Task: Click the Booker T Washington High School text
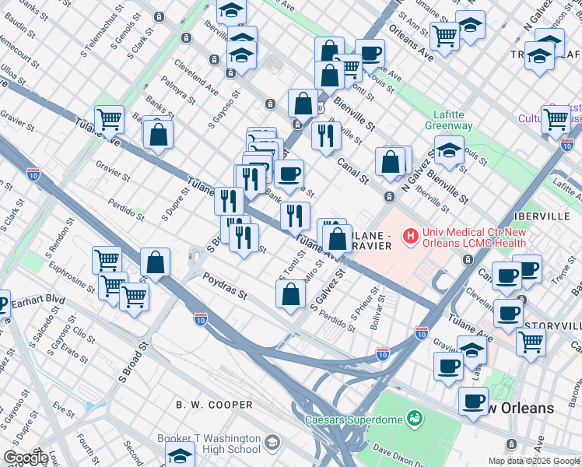click(x=209, y=444)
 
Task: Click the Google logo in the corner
click(x=26, y=458)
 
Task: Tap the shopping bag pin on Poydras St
click(x=290, y=294)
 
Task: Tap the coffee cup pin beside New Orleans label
click(x=472, y=402)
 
